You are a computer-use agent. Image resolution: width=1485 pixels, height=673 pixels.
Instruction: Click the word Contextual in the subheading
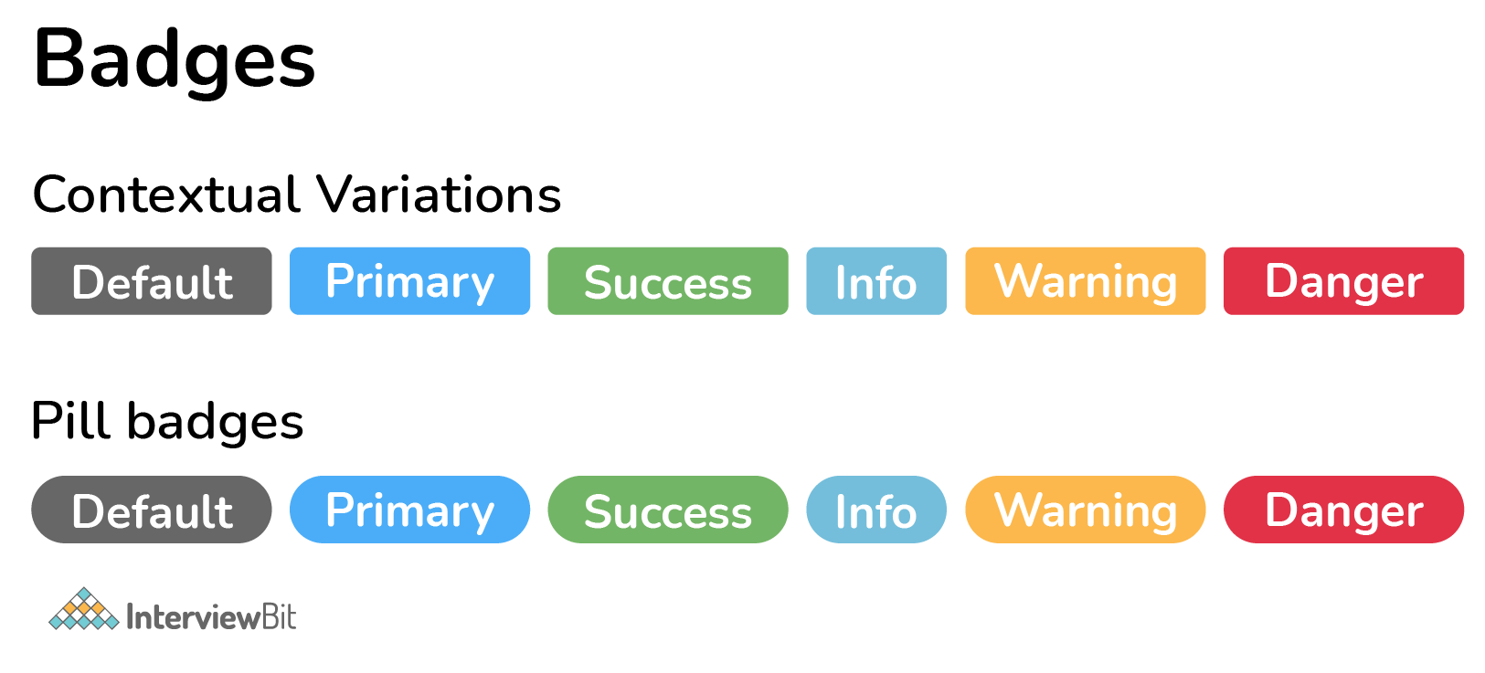point(166,195)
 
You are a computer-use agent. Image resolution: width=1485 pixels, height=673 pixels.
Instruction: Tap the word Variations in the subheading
point(439,195)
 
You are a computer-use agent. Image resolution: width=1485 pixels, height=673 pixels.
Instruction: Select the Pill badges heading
point(167,423)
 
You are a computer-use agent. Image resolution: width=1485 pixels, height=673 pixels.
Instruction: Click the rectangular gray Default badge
point(152,281)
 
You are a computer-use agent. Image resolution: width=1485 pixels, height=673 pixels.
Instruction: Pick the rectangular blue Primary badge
point(409,281)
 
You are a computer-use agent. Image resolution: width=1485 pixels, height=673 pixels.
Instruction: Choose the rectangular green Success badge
point(668,281)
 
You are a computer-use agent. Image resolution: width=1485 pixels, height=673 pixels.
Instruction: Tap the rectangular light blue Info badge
point(876,281)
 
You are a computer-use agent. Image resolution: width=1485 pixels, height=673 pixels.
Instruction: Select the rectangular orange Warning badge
point(1086,281)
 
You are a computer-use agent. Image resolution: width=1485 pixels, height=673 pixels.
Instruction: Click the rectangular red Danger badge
point(1343,281)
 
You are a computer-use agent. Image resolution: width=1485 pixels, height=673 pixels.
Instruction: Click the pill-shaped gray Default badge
point(152,510)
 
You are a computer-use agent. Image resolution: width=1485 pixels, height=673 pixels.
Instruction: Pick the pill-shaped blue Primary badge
point(409,510)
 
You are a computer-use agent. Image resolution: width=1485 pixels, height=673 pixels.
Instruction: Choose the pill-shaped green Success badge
point(668,510)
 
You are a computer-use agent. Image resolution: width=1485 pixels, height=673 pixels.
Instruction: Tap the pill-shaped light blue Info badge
point(876,510)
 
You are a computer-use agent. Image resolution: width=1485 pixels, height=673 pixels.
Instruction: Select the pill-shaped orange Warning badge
point(1086,510)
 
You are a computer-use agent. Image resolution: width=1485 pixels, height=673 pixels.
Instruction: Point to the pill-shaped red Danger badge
point(1343,510)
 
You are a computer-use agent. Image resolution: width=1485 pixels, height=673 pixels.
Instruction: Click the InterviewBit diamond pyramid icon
point(84,609)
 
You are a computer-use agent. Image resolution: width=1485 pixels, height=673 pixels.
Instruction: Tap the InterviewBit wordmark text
point(211,616)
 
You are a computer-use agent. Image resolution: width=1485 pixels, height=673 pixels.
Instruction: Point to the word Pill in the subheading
point(70,420)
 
